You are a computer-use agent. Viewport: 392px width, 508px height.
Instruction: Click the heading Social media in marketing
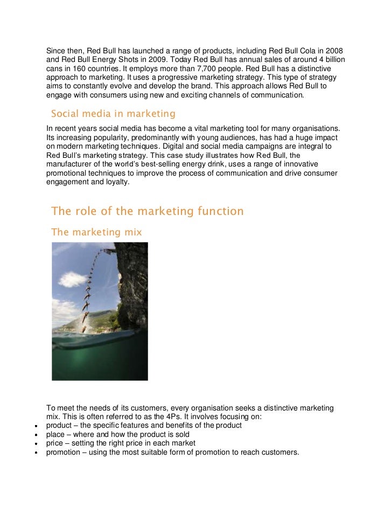point(113,114)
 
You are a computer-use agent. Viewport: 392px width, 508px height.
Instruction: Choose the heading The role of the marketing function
point(147,211)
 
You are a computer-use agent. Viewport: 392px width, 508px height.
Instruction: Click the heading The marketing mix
point(96,232)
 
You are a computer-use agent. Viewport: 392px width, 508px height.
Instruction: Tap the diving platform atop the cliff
point(109,250)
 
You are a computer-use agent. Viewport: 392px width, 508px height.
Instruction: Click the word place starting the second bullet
point(55,434)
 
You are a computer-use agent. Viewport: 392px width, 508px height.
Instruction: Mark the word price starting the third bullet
point(55,443)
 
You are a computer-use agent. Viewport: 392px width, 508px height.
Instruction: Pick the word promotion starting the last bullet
point(64,453)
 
